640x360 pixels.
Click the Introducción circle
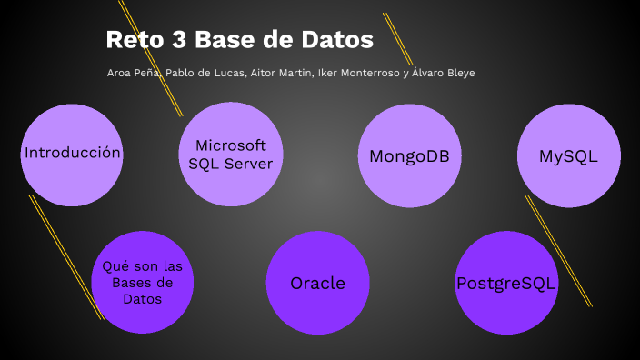72,154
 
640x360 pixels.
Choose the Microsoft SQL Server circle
230,154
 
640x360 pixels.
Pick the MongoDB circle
409,155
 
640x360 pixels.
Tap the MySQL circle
568,155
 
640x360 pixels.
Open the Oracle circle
318,283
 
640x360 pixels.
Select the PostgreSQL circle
506,283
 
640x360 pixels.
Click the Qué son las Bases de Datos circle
144,283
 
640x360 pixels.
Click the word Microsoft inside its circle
230,145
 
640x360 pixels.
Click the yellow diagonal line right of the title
398,39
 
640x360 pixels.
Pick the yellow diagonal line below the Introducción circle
65,255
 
